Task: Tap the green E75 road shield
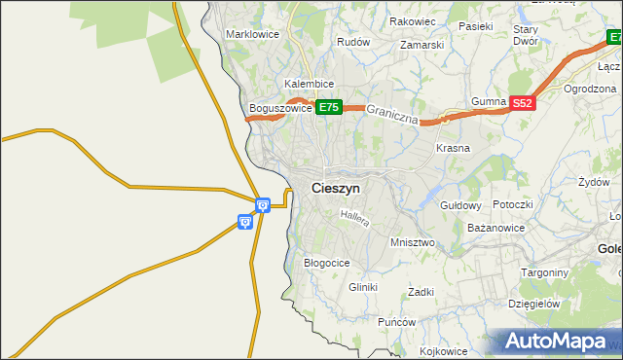[328, 108]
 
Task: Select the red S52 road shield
[523, 103]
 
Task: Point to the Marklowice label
[252, 34]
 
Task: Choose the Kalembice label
[310, 84]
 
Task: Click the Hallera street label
[355, 220]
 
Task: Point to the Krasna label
[453, 149]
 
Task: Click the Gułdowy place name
[461, 206]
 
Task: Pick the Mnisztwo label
[412, 242]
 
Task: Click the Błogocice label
[327, 263]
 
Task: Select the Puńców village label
[397, 322]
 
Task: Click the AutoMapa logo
[558, 342]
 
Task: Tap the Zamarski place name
[421, 45]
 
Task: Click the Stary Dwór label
[526, 36]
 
